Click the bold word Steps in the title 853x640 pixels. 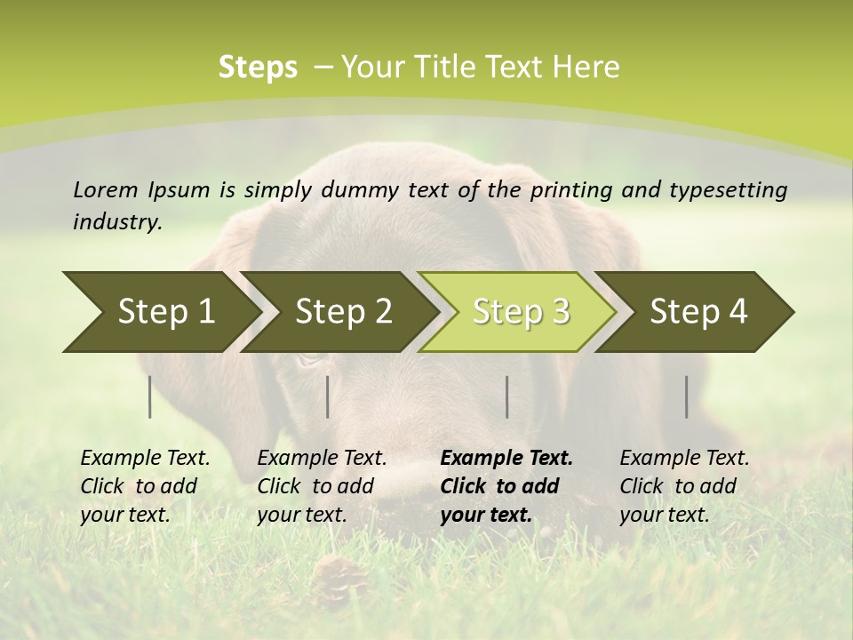click(258, 68)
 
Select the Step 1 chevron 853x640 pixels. click(160, 312)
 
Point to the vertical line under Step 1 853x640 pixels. click(150, 396)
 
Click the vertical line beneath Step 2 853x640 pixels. click(328, 396)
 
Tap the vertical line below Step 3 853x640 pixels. click(506, 396)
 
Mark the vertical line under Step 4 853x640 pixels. click(686, 396)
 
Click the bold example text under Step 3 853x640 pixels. click(506, 486)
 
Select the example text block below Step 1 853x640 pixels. click(145, 486)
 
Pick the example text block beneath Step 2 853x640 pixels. click(322, 486)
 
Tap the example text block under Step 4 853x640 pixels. click(684, 486)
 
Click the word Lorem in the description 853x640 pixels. click(105, 190)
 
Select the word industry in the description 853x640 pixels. click(116, 222)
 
